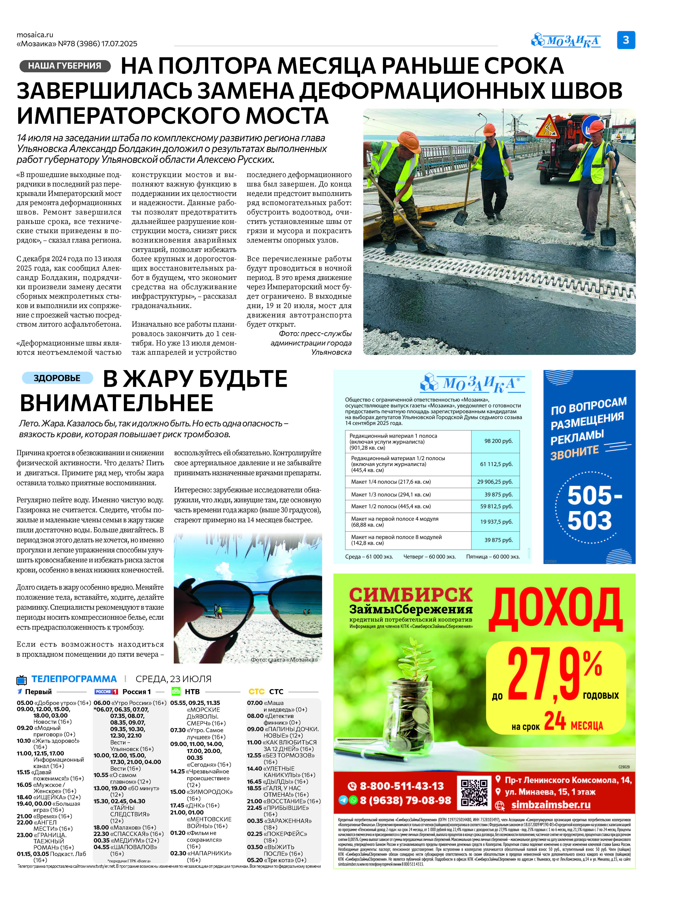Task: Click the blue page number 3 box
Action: pos(626,40)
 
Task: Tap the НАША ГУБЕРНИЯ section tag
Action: pos(65,66)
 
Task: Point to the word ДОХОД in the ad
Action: pos(555,609)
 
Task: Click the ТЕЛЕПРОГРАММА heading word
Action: pos(74,679)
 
